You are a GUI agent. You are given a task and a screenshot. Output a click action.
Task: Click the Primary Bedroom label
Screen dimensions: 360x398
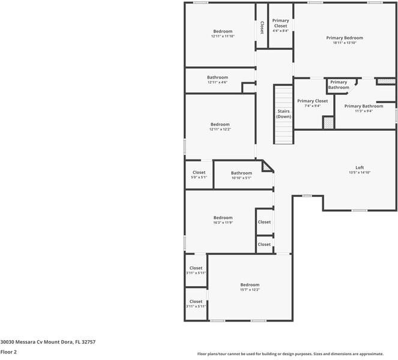tap(345, 38)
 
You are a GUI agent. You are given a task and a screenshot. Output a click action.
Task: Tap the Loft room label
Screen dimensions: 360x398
tap(360, 167)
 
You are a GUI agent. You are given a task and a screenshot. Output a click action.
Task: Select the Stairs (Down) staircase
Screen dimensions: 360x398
tap(283, 114)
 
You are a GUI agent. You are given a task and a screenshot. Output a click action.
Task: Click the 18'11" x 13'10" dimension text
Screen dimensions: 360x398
tap(345, 43)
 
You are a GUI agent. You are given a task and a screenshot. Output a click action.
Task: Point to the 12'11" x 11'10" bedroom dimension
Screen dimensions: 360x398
tap(223, 37)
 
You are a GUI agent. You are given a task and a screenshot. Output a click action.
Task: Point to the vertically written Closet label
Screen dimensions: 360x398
tap(262, 28)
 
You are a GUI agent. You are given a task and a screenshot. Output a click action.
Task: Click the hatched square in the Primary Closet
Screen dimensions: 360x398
tap(328, 122)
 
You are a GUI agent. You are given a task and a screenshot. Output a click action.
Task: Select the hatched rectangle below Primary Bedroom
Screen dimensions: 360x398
tap(385, 80)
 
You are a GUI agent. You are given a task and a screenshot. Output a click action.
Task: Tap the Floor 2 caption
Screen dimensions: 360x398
tap(8, 352)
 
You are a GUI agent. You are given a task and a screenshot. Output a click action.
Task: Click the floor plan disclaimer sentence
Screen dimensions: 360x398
tap(298, 353)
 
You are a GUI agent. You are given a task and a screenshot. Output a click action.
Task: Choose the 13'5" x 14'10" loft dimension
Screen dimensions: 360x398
tap(360, 173)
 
